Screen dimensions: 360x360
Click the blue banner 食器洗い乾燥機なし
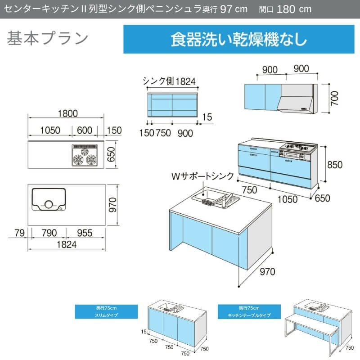click(x=238, y=39)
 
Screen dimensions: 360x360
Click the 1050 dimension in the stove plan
click(x=50, y=130)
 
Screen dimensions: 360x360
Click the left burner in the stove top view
click(x=77, y=159)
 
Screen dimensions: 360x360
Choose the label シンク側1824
click(x=169, y=81)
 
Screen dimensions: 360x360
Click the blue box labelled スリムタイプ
click(x=106, y=311)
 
